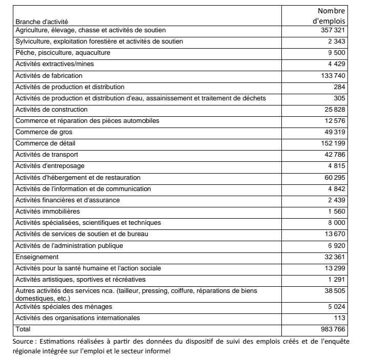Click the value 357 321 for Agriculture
point(333,31)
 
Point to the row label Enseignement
point(37,257)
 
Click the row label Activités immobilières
point(48,211)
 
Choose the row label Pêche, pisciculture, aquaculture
point(63,53)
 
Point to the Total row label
point(24,328)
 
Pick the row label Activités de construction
point(52,110)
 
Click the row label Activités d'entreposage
point(50,166)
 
